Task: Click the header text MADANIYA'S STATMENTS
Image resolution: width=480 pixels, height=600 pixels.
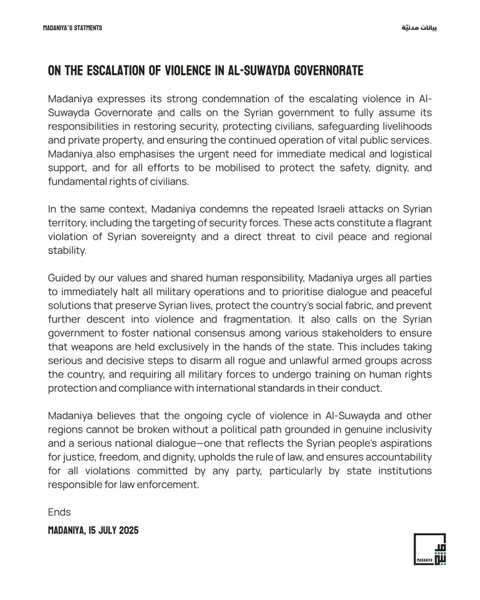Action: (72, 28)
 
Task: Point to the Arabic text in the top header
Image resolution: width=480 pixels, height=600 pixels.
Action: (419, 28)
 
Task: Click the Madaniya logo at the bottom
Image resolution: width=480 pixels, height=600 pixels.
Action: (429, 549)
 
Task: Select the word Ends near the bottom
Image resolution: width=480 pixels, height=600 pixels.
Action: (59, 512)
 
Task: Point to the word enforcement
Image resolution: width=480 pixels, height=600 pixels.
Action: (170, 485)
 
